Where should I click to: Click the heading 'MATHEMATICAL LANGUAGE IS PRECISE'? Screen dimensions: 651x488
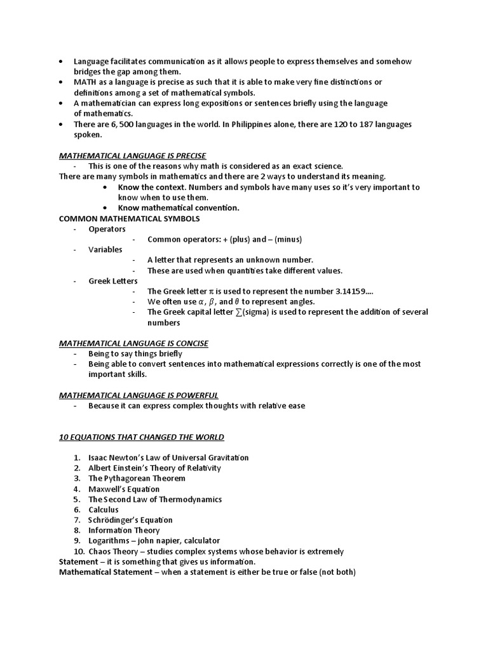(132, 156)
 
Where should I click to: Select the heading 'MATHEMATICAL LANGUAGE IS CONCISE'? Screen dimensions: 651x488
(133, 343)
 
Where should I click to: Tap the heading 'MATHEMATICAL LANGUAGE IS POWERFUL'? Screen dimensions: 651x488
(139, 395)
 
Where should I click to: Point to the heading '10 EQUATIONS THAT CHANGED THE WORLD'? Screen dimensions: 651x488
(141, 437)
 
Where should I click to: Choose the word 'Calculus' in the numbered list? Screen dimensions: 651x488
(104, 510)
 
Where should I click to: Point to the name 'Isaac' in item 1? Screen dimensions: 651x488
(98, 458)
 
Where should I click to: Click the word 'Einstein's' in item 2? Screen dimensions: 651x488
(135, 468)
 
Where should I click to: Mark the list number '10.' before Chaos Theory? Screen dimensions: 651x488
(79, 551)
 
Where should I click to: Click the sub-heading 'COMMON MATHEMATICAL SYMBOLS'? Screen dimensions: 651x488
(129, 219)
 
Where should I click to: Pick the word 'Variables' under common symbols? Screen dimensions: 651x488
(105, 250)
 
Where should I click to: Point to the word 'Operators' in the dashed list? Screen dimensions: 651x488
(107, 229)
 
